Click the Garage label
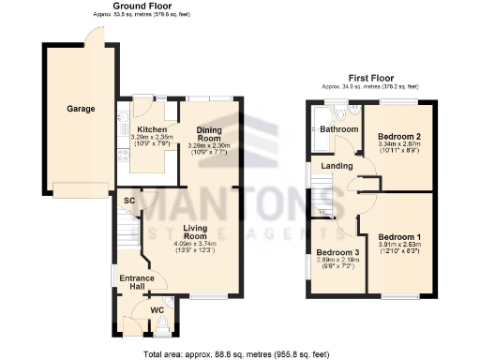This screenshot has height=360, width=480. coord(80,109)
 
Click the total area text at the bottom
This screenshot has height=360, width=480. coord(240,353)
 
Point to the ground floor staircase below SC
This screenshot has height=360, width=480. coord(127,228)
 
